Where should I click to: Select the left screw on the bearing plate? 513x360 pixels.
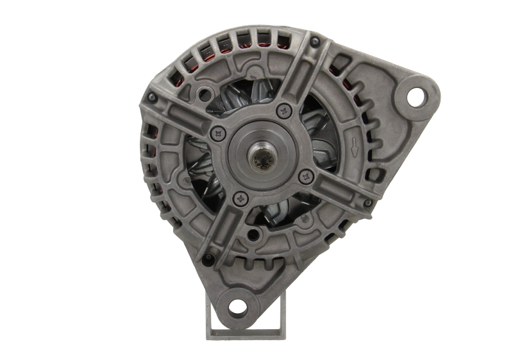[217, 133]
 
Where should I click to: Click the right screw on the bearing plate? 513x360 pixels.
[305, 174]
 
